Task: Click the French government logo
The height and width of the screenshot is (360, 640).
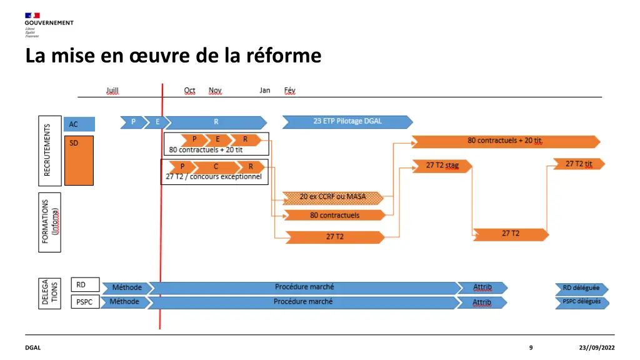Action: point(49,24)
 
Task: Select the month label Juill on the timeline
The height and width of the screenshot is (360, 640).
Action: point(112,91)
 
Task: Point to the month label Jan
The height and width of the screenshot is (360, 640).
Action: point(265,91)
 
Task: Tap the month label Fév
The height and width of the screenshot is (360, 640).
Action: point(289,91)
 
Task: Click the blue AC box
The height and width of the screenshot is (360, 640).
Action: point(79,124)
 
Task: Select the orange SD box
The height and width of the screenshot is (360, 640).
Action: point(79,160)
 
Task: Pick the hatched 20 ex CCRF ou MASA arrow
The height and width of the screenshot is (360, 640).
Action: point(332,197)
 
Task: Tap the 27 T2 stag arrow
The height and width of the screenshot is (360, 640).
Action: point(442,166)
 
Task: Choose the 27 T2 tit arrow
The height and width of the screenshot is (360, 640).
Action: point(579,164)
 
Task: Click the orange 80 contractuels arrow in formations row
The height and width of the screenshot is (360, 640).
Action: point(334,215)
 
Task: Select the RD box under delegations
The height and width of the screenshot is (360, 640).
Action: point(85,285)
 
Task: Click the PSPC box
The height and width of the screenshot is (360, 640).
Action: point(85,301)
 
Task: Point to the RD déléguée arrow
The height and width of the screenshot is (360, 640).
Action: point(581,288)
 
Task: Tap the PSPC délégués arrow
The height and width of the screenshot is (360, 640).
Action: point(581,302)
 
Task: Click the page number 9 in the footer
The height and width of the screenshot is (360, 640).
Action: point(531,347)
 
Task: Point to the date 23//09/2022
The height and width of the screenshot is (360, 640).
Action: point(597,347)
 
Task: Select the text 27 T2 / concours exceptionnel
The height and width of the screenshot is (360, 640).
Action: point(213,177)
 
